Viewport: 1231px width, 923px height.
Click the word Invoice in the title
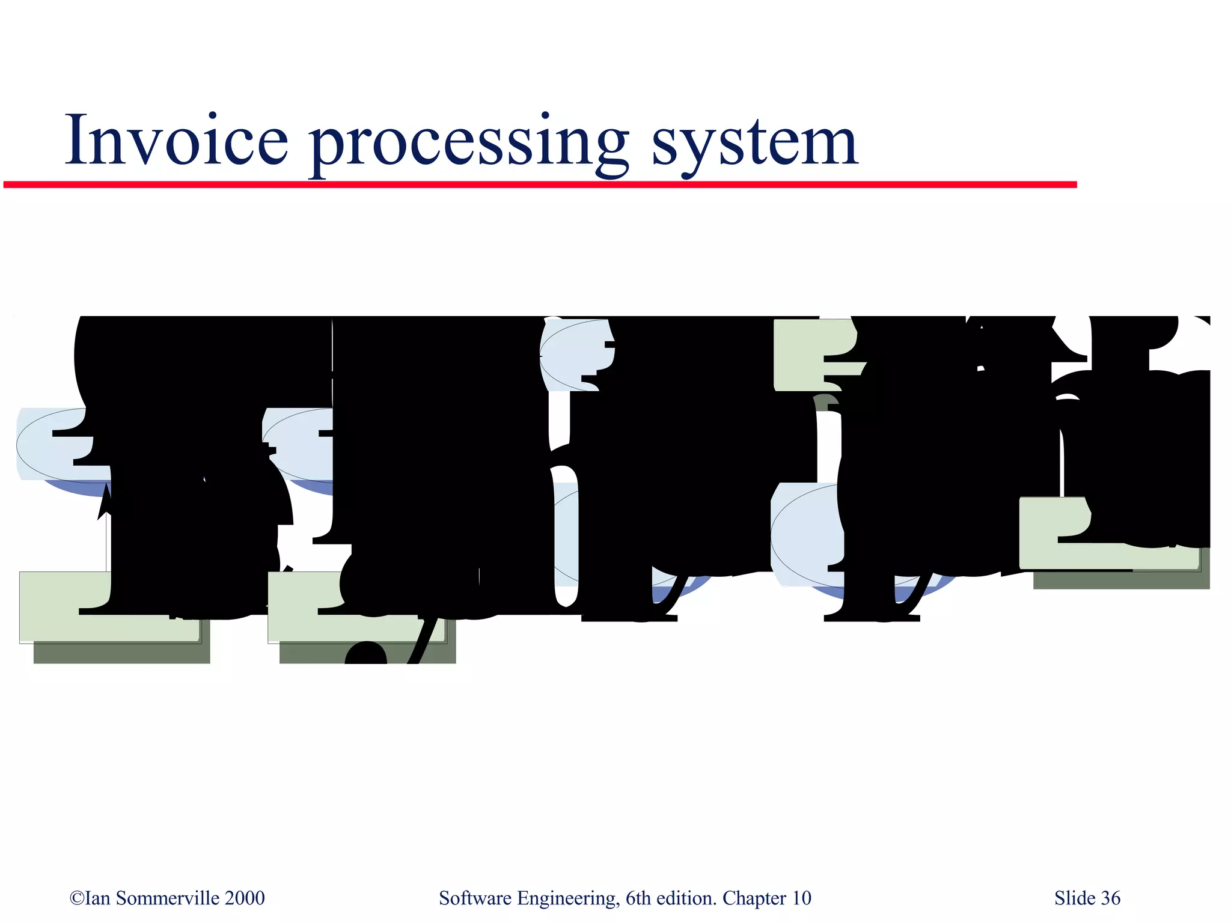pos(177,141)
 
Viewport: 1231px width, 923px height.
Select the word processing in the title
pos(469,144)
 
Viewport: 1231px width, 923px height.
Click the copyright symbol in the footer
pos(77,898)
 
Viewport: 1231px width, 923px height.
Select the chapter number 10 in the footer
pos(801,898)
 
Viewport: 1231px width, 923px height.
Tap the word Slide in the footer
pos(1075,898)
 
